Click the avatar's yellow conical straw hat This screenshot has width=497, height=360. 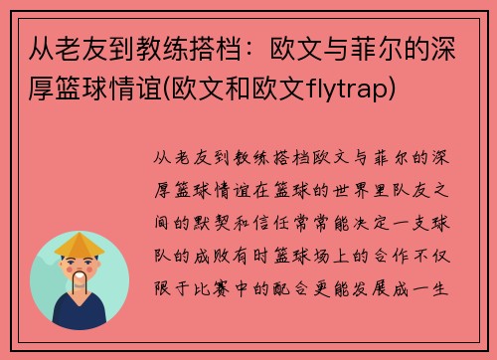80,243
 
